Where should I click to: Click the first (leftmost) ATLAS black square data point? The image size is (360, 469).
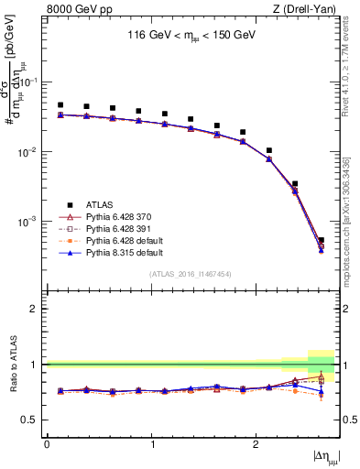click(x=60, y=105)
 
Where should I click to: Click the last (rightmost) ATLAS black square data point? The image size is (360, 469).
click(x=321, y=240)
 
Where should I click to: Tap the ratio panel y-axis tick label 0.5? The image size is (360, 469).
click(x=34, y=420)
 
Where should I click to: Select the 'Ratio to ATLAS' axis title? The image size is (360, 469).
click(x=13, y=365)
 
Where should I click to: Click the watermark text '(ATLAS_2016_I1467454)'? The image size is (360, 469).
click(x=191, y=274)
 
